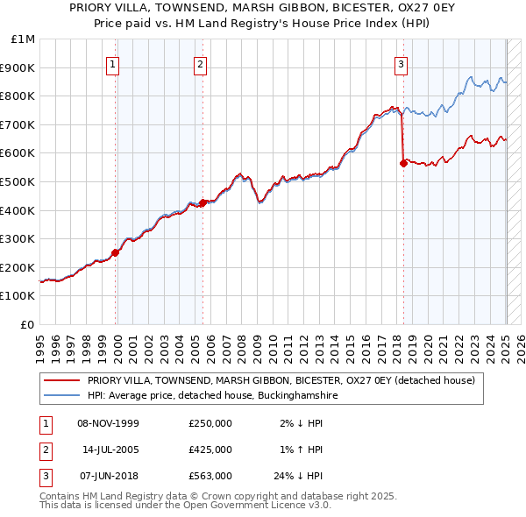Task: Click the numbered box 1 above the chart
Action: coord(115,63)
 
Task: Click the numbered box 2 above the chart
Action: coord(201,63)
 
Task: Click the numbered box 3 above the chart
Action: coord(401,63)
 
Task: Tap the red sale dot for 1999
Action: coord(116,253)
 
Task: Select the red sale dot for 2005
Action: coord(203,202)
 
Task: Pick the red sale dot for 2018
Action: coord(403,162)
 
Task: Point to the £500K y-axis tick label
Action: coord(18,181)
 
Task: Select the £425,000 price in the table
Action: coord(210,450)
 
